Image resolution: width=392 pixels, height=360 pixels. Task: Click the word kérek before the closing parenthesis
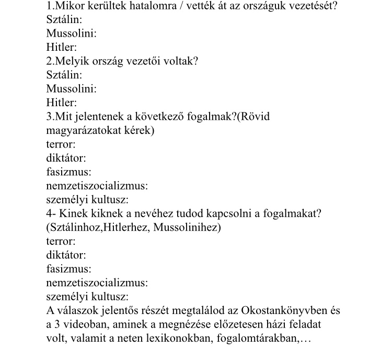tap(137, 130)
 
